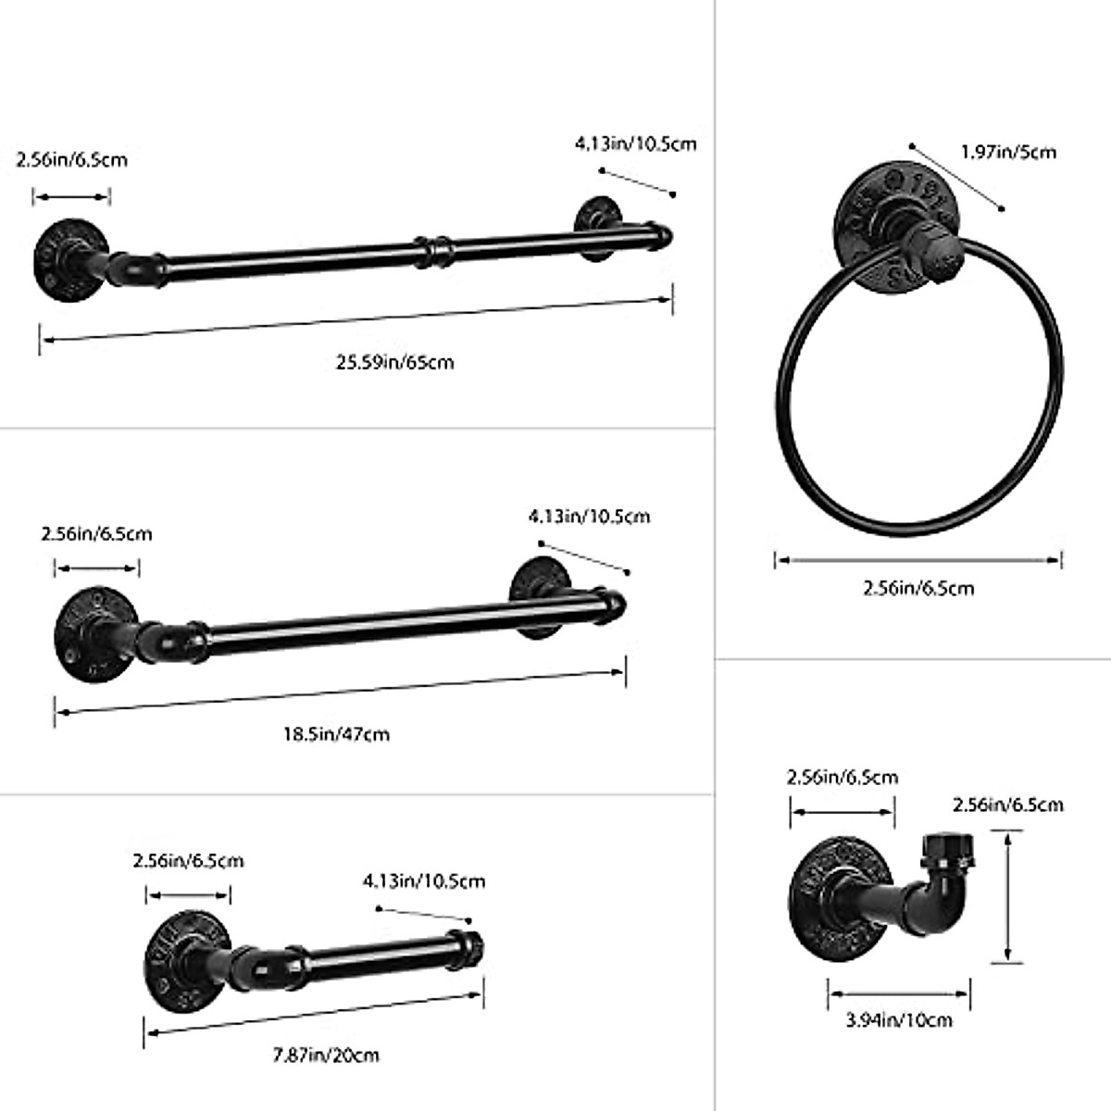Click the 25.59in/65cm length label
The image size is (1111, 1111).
(x=394, y=362)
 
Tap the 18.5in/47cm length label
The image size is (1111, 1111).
(x=336, y=734)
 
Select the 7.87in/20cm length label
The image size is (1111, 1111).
(x=327, y=1055)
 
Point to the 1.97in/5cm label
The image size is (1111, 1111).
(x=1008, y=151)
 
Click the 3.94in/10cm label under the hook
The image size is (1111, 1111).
(x=899, y=1020)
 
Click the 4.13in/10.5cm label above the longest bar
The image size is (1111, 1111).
(x=635, y=144)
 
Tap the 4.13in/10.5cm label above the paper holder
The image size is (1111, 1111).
(x=423, y=880)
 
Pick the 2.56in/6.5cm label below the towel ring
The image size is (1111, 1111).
(x=918, y=588)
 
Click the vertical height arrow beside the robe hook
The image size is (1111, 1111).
(x=1007, y=896)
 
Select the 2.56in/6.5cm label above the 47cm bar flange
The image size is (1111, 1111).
(x=96, y=534)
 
